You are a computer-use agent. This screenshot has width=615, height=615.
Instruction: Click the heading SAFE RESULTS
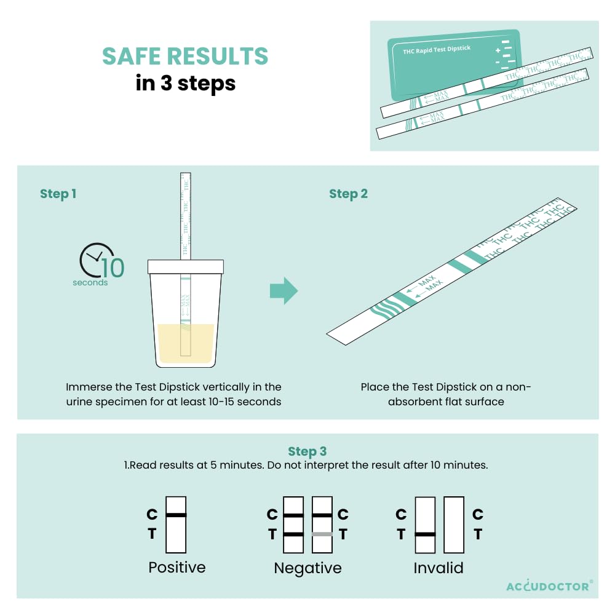tap(185, 56)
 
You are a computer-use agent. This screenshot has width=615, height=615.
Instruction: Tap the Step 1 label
tap(58, 194)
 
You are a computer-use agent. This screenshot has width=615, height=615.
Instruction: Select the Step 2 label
tap(348, 194)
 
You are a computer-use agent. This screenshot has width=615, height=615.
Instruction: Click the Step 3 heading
tap(307, 451)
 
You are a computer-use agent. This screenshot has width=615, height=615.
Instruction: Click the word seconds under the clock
tap(90, 282)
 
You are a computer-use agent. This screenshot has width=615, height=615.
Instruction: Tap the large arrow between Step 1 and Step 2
tap(284, 291)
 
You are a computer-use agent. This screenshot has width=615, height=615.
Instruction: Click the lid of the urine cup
tap(186, 267)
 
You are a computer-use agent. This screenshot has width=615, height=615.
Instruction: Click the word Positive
tap(177, 568)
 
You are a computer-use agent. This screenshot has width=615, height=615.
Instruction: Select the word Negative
tap(308, 568)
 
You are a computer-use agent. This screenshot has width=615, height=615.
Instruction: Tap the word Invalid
tap(438, 568)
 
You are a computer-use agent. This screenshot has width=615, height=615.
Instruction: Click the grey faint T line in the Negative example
tap(322, 534)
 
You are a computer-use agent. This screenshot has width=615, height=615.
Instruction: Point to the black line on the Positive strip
tap(176, 515)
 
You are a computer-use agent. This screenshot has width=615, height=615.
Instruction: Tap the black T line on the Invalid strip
tap(425, 534)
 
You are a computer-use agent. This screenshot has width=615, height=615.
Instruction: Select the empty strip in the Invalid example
tap(454, 525)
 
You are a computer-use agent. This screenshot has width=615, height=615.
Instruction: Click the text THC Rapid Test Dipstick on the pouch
tap(437, 49)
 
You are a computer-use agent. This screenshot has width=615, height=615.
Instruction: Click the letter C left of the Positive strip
tap(152, 514)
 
